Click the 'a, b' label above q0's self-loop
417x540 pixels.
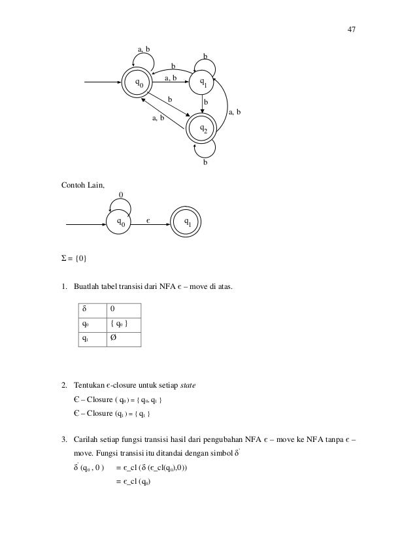142,49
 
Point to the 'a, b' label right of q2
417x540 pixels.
235,113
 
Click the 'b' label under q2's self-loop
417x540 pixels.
205,163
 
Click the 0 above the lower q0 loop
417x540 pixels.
121,194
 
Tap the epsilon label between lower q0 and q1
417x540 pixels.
148,222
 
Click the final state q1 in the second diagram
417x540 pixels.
188,222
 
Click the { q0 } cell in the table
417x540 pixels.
114,324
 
